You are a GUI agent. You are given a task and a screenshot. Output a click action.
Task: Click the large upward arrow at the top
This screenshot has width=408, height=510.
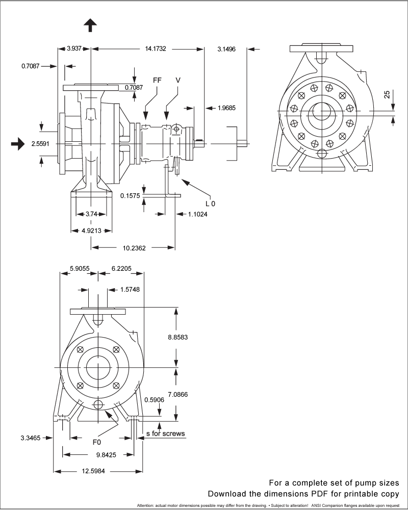click(x=90, y=25)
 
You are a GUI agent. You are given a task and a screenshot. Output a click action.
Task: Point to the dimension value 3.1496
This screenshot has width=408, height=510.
click(x=226, y=49)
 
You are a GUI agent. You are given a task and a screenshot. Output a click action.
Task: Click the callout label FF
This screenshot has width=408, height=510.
click(x=158, y=80)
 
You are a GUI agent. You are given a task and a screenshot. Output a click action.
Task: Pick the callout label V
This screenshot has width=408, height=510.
click(x=177, y=80)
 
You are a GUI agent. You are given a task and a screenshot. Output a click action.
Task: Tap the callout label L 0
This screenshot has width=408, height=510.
click(x=210, y=203)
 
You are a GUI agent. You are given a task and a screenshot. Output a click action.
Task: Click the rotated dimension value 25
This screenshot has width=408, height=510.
click(x=387, y=94)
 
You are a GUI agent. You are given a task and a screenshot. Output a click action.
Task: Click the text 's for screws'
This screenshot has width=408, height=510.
click(x=165, y=434)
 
